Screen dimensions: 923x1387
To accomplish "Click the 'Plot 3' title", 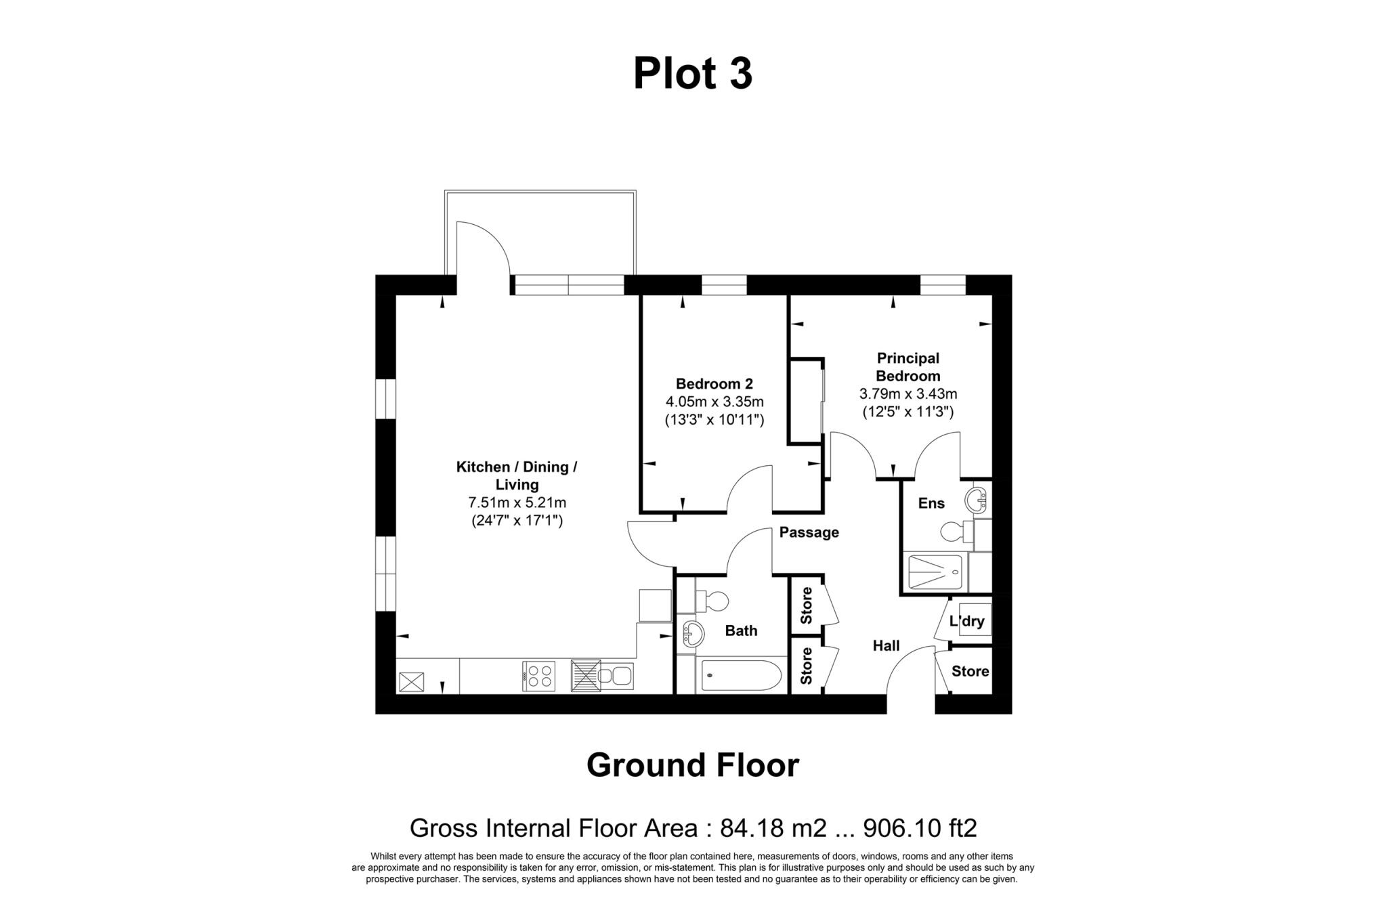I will click(x=692, y=74).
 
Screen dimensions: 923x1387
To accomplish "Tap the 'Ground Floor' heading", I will click(x=692, y=765).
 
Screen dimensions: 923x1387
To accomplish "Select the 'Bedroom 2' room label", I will click(x=714, y=384).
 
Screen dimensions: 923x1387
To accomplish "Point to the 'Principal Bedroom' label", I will click(x=908, y=366).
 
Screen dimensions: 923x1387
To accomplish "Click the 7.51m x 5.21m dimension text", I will click(x=517, y=502).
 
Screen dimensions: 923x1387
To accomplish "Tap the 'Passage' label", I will click(x=809, y=532).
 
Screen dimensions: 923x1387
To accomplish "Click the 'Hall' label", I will click(x=886, y=646).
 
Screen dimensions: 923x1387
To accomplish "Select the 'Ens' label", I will click(x=931, y=503).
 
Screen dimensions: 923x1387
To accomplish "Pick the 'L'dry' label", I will click(x=966, y=621).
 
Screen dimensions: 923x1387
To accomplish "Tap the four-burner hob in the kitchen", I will click(x=539, y=676).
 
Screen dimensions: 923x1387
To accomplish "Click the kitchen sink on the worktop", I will click(x=615, y=676).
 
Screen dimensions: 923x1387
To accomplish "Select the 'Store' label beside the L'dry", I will click(x=970, y=671).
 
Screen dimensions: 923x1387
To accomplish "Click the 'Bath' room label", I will click(x=741, y=630).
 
